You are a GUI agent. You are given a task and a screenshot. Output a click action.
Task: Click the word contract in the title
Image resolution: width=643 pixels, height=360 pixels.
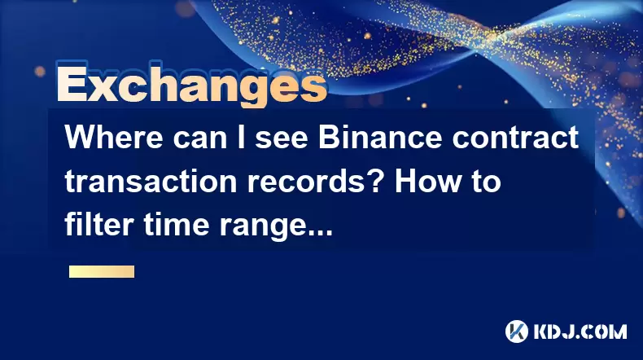coord(515,138)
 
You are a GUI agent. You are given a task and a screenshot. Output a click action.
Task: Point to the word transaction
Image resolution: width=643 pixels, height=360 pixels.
coord(151,182)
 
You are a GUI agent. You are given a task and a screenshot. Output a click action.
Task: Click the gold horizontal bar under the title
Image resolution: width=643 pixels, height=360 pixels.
coord(102,272)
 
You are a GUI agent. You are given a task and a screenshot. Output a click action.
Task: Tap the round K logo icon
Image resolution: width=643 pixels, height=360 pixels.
coord(517,331)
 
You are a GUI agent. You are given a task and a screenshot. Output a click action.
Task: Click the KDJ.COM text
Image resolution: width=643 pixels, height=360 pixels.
coord(580,331)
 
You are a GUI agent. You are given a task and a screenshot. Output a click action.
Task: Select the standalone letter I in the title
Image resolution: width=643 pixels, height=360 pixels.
coord(242,137)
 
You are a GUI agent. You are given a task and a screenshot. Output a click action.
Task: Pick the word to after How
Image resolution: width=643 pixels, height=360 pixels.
coord(485,182)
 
